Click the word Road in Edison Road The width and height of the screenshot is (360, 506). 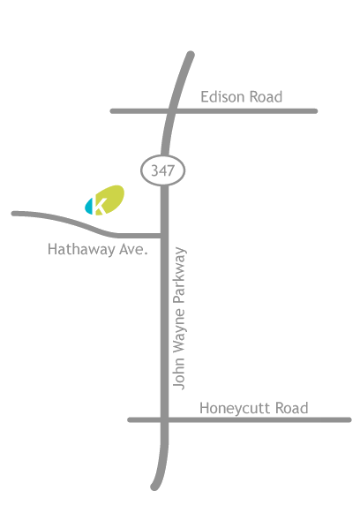tap(266, 97)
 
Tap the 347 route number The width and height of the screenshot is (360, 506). tap(163, 170)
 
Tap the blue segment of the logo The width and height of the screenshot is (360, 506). tap(88, 207)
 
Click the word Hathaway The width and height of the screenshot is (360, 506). tap(81, 249)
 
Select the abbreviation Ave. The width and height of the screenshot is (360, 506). tap(133, 249)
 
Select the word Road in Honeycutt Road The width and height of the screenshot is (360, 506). tap(292, 408)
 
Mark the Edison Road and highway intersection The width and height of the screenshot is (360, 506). tap(172, 111)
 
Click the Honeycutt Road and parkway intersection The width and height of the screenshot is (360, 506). tap(164, 419)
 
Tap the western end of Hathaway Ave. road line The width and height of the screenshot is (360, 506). tap(13, 214)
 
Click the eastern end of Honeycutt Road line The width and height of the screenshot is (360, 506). tap(349, 419)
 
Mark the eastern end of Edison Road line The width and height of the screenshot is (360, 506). tap(315, 111)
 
